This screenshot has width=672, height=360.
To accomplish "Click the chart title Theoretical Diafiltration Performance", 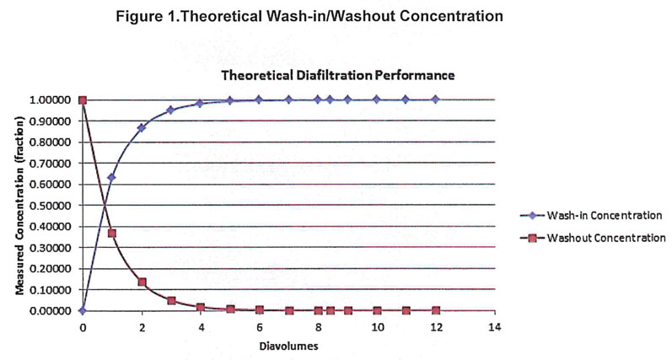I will tap(338, 75).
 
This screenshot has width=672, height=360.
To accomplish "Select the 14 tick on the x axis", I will tap(494, 325).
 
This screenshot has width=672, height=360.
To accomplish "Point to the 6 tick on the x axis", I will tap(259, 325).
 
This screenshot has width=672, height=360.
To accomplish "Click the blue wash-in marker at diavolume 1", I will tap(112, 177).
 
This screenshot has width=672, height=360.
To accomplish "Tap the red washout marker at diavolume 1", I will tap(112, 233).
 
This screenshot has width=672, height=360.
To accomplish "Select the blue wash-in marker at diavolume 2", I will tap(142, 128).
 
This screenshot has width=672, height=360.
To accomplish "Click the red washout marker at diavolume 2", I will tap(142, 282).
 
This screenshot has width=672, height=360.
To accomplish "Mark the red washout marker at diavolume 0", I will tap(83, 99).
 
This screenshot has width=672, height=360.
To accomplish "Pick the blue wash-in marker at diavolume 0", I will tap(83, 310).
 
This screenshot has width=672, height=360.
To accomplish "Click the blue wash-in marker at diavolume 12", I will tap(435, 99).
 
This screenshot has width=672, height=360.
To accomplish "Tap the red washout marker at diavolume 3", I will tap(171, 300).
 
